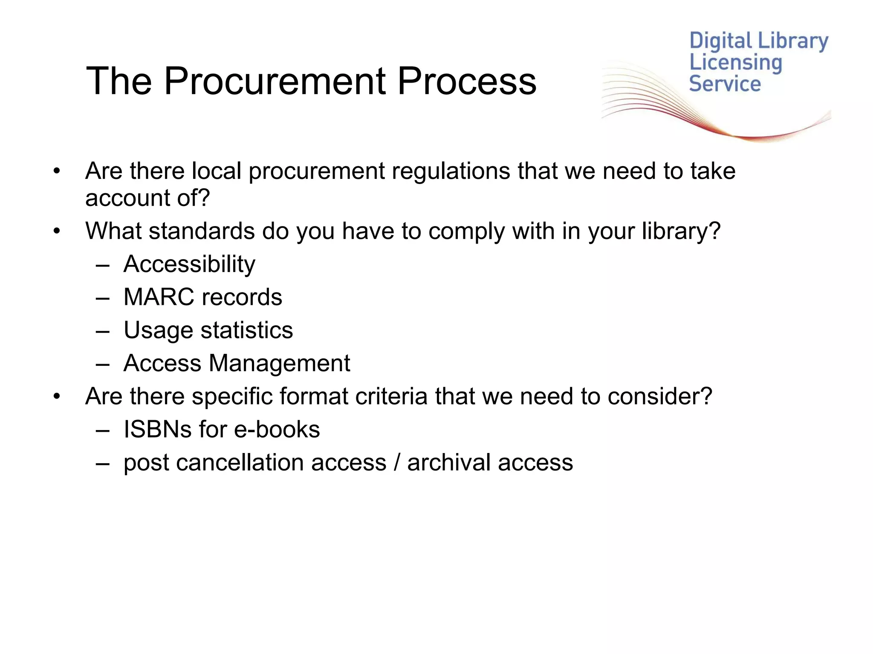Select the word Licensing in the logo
click(x=736, y=63)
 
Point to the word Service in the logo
click(x=725, y=84)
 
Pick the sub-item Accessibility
click(x=189, y=264)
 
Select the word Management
click(x=279, y=364)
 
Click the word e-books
click(x=277, y=429)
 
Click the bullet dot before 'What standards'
click(x=57, y=232)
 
